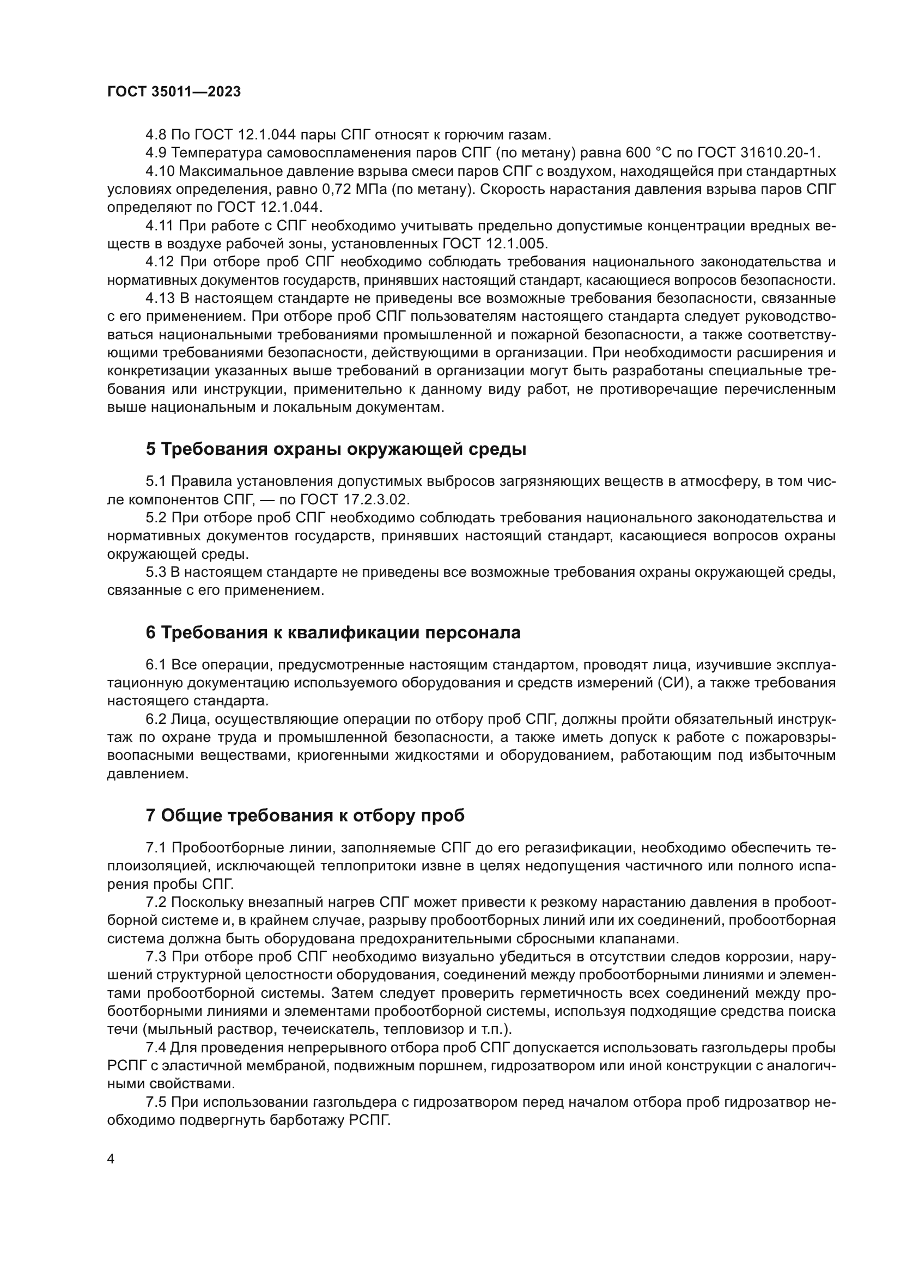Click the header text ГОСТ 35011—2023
point(174,92)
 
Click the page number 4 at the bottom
point(111,1159)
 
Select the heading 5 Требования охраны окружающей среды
point(336,449)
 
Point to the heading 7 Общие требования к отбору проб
point(305,815)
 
